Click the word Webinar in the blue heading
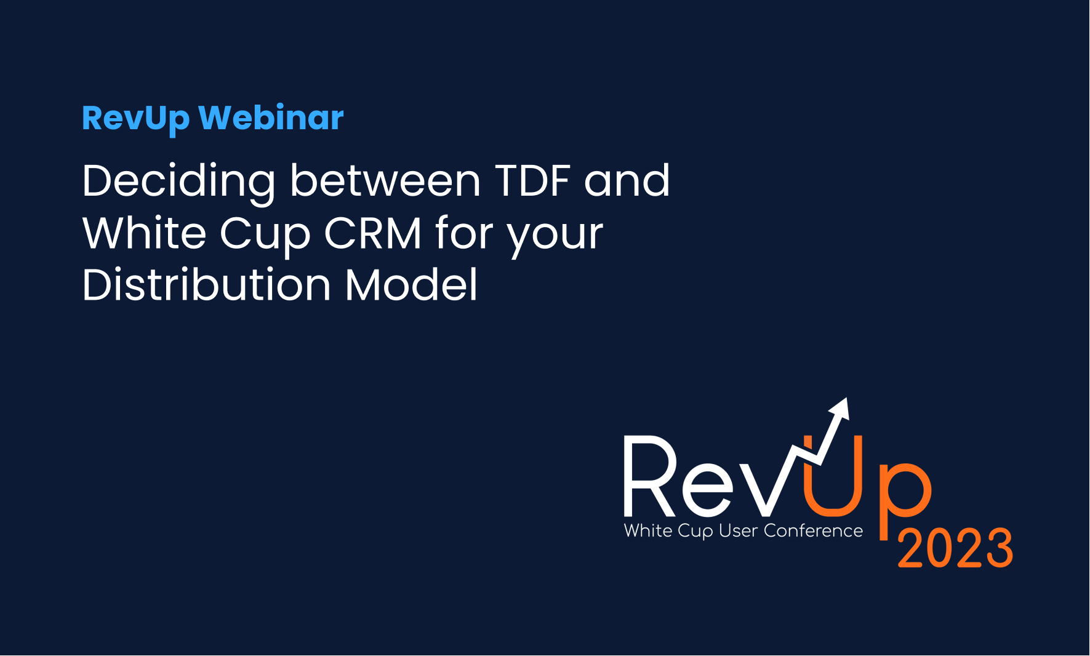pos(271,118)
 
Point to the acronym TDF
pos(533,181)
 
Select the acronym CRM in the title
pos(373,233)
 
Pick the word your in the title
pos(555,239)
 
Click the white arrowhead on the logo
pos(840,409)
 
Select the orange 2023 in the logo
pos(955,548)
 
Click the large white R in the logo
pos(650,476)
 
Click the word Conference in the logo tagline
pos(813,530)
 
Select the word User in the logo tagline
pos(739,530)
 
